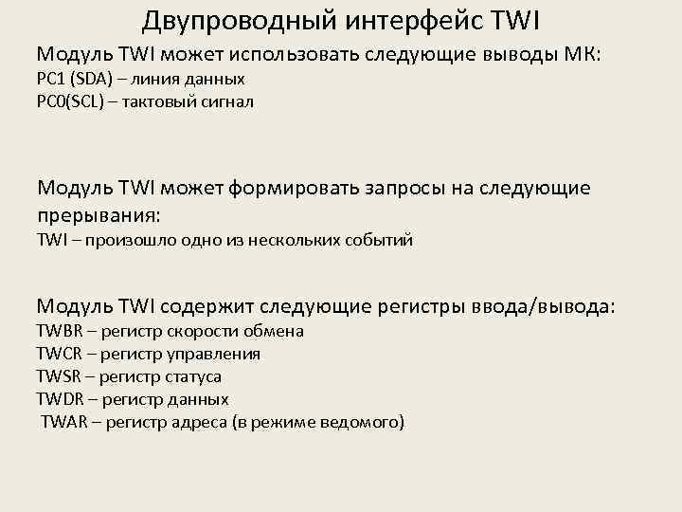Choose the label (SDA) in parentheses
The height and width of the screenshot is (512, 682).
tap(91, 79)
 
